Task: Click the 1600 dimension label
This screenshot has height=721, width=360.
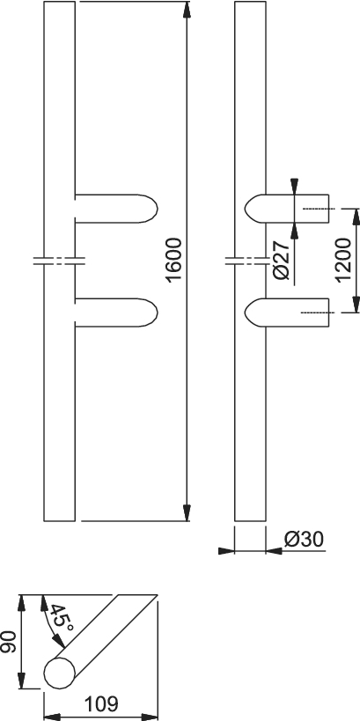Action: click(174, 260)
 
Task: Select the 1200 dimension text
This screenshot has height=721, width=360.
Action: click(343, 260)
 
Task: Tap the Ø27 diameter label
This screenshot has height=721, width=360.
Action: click(281, 260)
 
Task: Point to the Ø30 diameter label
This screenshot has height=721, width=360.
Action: click(305, 540)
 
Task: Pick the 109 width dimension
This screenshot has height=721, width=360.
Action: click(100, 703)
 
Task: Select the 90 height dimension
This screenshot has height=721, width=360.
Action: click(8, 642)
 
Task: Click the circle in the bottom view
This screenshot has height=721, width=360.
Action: click(59, 673)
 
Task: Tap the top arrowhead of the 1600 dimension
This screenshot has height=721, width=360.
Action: click(187, 10)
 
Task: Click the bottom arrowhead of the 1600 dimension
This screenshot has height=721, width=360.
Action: click(187, 512)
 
